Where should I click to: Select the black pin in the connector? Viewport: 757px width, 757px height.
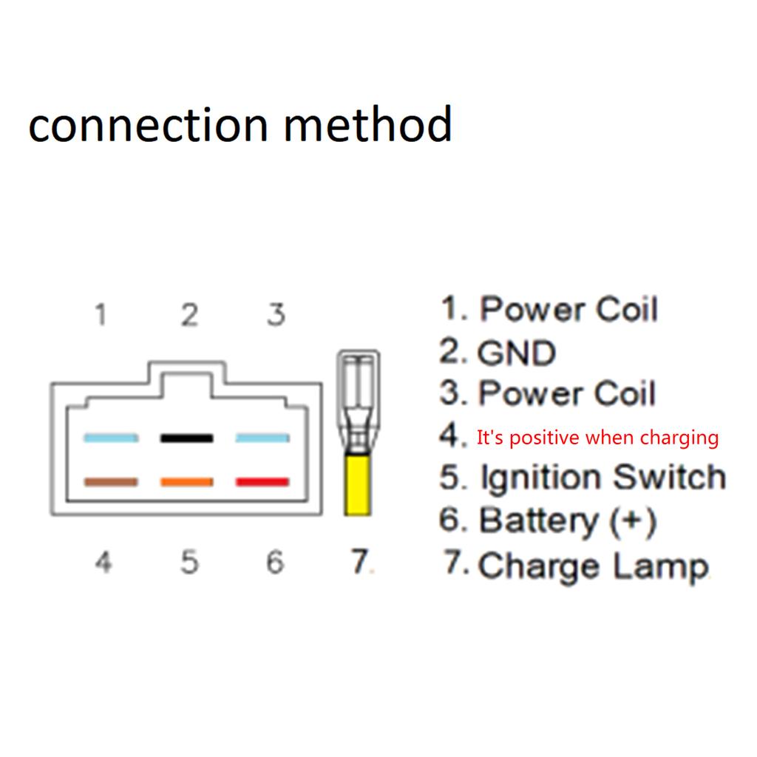click(186, 438)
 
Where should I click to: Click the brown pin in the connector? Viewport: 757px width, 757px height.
click(110, 483)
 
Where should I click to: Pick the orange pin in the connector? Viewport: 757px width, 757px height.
click(186, 483)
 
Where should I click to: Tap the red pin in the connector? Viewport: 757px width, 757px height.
click(262, 483)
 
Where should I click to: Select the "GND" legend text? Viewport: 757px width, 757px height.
click(516, 353)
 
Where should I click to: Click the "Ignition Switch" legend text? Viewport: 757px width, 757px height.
click(602, 478)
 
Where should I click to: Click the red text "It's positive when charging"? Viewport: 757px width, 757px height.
click(597, 438)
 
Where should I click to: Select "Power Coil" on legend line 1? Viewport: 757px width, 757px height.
click(568, 309)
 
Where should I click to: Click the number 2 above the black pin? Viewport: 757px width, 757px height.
click(190, 316)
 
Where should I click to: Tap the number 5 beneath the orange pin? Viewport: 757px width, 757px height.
click(190, 563)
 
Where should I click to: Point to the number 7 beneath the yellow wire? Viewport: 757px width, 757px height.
click(359, 563)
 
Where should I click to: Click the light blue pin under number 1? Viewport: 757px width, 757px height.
click(110, 438)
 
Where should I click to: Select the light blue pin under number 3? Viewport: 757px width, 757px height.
click(262, 438)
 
